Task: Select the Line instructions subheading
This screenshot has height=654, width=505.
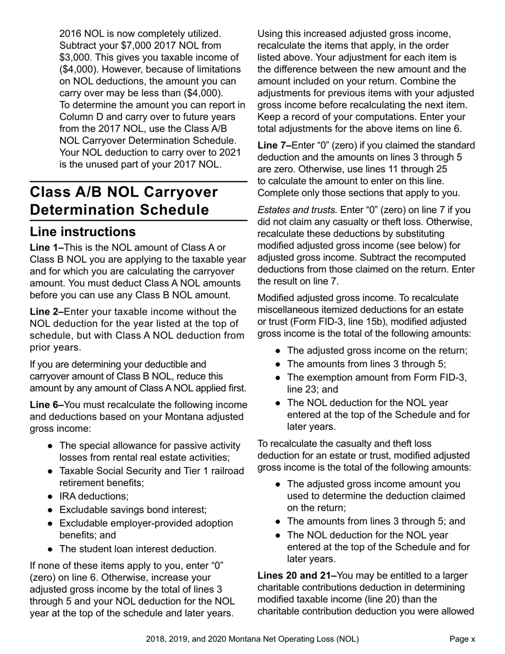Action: point(82,232)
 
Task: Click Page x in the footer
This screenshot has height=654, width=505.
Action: point(462,639)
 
